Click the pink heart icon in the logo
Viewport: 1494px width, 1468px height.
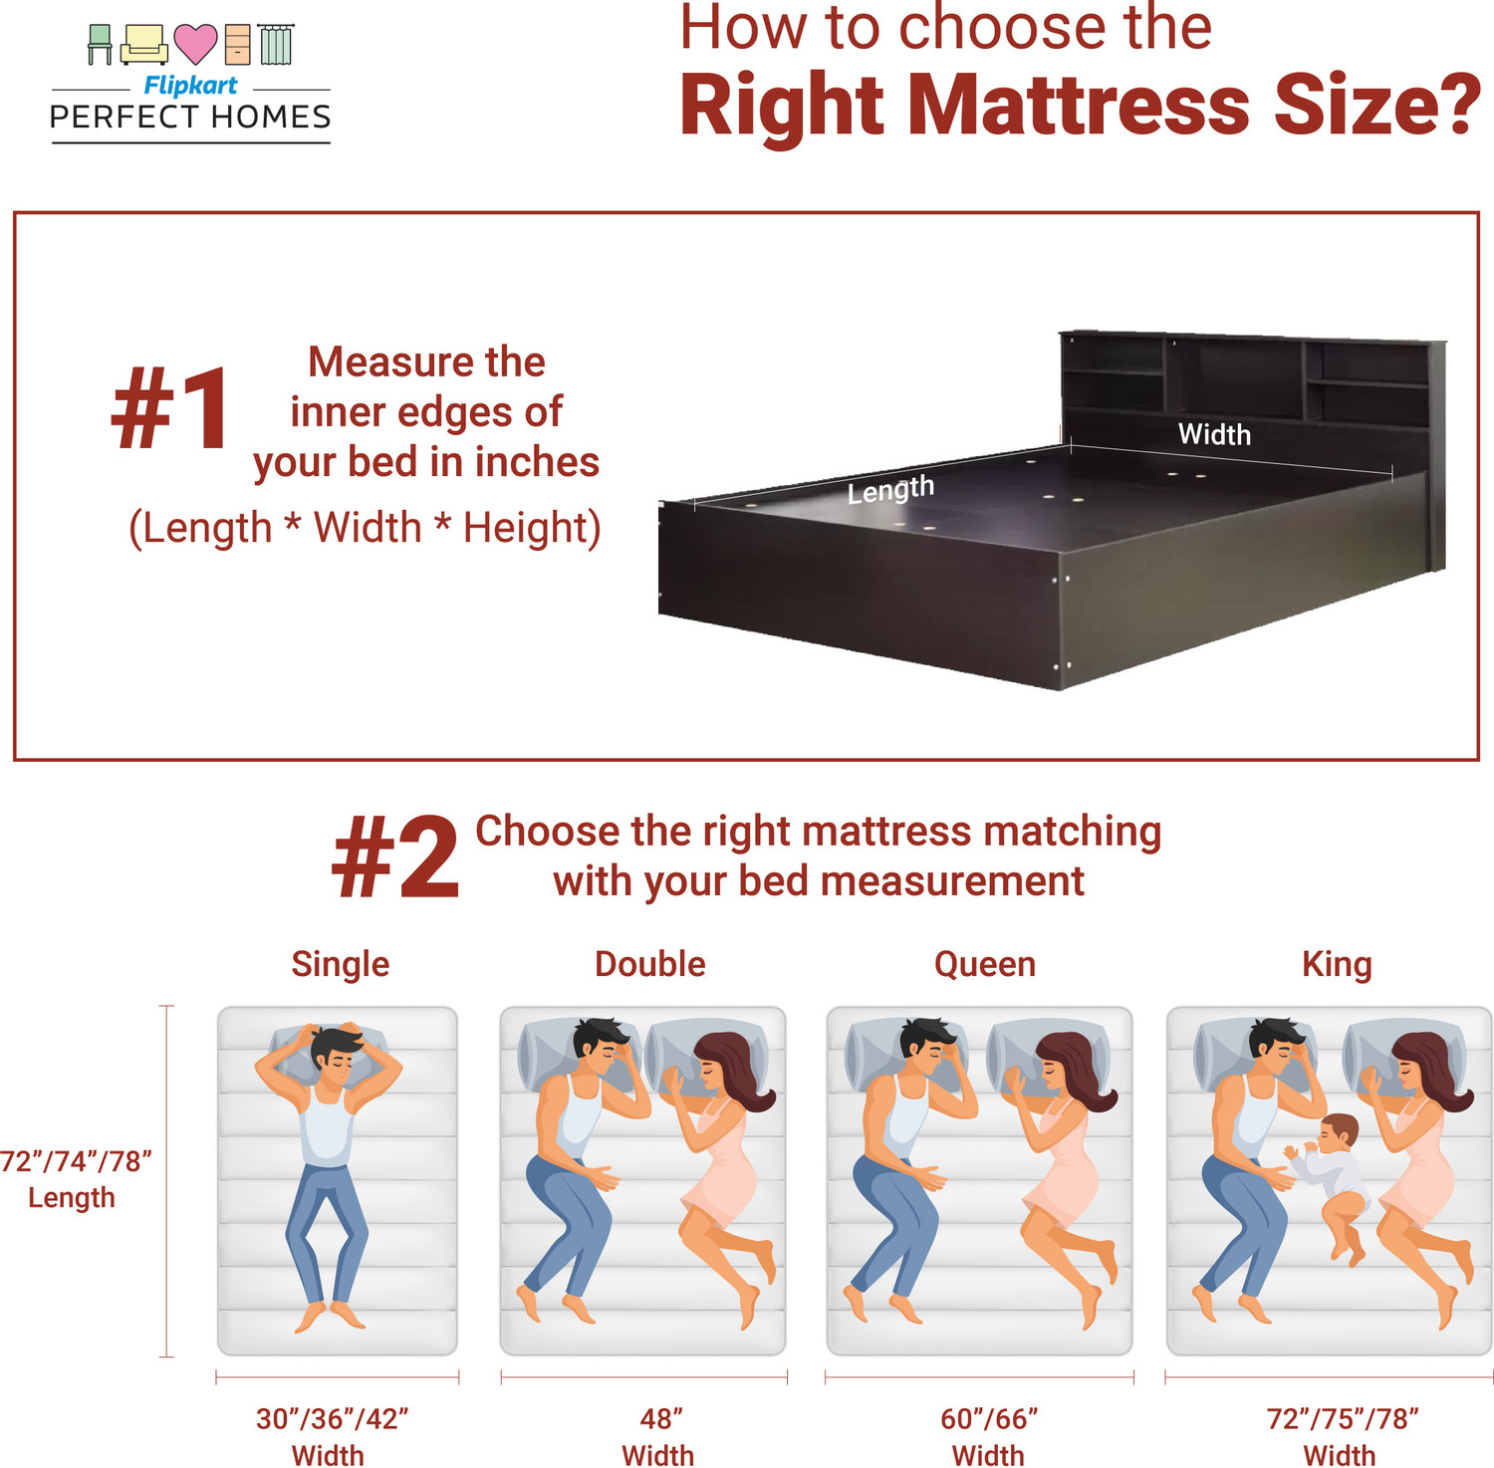pyautogui.click(x=195, y=43)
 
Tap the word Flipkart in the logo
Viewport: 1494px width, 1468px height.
pyautogui.click(x=190, y=86)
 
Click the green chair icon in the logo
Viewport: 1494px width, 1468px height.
pyautogui.click(x=100, y=44)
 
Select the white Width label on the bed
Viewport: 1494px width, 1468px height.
pyautogui.click(x=1214, y=434)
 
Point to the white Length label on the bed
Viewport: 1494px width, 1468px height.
pyautogui.click(x=890, y=489)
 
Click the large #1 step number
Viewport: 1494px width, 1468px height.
pyautogui.click(x=171, y=409)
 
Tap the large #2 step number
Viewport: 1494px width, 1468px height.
pyautogui.click(x=395, y=857)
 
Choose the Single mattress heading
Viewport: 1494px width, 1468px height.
pyautogui.click(x=340, y=964)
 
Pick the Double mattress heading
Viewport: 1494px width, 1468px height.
pyautogui.click(x=649, y=964)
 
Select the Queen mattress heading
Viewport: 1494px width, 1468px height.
pyautogui.click(x=984, y=964)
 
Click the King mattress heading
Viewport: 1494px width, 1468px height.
pyautogui.click(x=1337, y=964)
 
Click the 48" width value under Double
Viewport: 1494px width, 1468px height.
pyautogui.click(x=661, y=1418)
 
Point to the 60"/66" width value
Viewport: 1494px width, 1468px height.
pyautogui.click(x=989, y=1418)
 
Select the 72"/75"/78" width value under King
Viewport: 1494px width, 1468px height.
pyautogui.click(x=1342, y=1418)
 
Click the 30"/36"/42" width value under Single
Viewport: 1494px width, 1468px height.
pyautogui.click(x=332, y=1418)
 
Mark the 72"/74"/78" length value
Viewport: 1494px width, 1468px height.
pyautogui.click(x=75, y=1161)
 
